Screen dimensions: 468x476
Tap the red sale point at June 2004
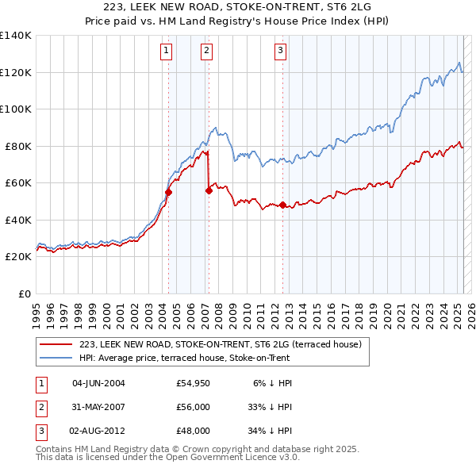[168, 192]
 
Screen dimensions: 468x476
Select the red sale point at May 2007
[209, 190]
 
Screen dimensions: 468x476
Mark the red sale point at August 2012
[282, 205]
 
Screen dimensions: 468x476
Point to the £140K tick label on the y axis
[16, 36]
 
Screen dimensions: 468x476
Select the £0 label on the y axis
[25, 293]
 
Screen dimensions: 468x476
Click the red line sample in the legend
[56, 344]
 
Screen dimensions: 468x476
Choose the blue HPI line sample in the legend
[56, 358]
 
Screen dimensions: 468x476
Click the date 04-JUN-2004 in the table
[98, 383]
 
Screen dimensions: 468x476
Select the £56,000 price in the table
[194, 408]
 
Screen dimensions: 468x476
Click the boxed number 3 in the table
[39, 432]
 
